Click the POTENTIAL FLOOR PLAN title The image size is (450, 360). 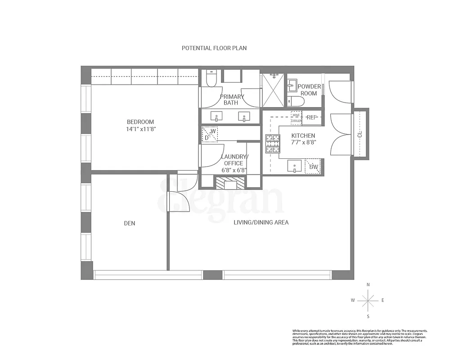(x=214, y=48)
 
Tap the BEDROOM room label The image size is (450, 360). (x=140, y=122)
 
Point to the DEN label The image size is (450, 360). (x=129, y=223)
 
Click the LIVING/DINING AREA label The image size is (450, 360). (x=261, y=222)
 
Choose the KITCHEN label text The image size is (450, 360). (x=303, y=135)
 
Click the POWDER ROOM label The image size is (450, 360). (x=309, y=90)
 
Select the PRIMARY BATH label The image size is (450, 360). (x=231, y=99)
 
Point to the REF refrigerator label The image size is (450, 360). (x=311, y=117)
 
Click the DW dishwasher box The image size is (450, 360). (x=313, y=166)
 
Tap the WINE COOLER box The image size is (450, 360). (x=296, y=117)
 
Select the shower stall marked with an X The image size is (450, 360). (x=273, y=90)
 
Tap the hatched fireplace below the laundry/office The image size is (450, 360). (x=230, y=182)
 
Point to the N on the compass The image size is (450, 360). (x=368, y=284)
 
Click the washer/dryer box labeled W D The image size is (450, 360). (x=210, y=134)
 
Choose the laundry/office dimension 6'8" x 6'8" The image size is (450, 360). (x=234, y=170)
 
